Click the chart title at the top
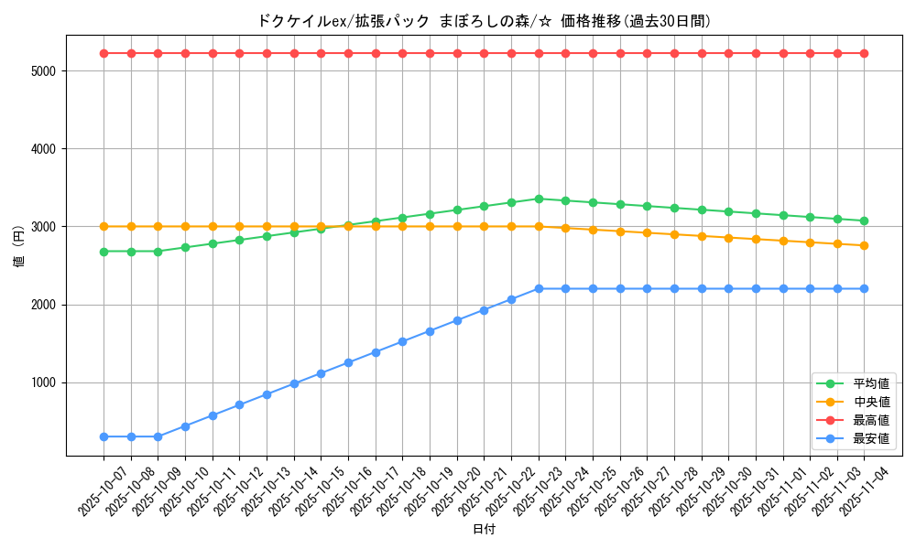coord(485,21)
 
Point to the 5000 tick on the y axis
coord(44,70)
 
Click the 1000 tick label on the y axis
coord(44,382)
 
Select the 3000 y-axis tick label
coord(44,227)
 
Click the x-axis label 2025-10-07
coord(92,490)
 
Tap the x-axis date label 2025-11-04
coord(853,490)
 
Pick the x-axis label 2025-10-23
coord(527,490)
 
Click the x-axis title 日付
coord(484,530)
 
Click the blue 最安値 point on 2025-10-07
coord(104,436)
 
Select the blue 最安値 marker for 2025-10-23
coord(539,288)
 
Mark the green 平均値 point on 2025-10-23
coord(539,199)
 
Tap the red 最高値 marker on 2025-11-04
coord(864,53)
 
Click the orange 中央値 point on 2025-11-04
coord(864,245)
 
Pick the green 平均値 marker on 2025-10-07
coord(104,252)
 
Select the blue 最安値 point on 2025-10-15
coord(321,373)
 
